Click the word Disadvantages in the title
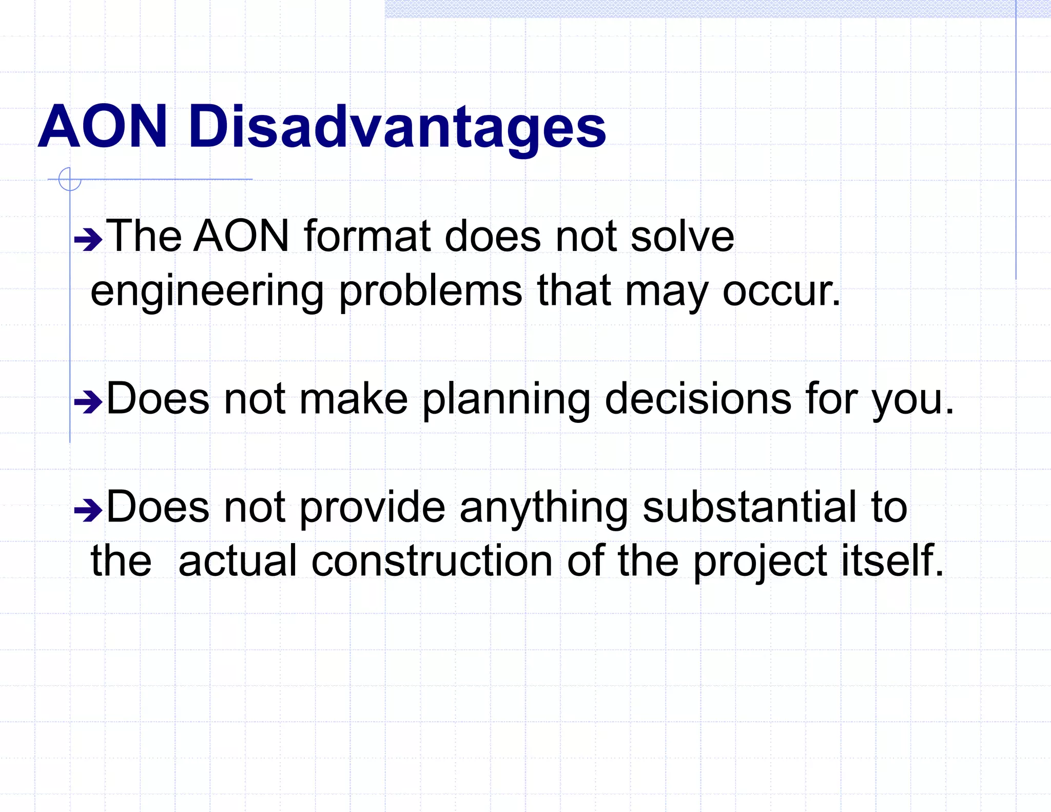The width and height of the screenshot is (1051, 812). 397,127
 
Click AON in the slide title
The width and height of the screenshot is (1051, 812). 103,127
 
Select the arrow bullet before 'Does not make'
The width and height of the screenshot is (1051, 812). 88,402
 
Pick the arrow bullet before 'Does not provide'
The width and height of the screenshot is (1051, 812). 88,510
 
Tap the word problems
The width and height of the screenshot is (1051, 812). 430,291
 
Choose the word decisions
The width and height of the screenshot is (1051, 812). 698,399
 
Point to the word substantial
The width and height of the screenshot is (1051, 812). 749,507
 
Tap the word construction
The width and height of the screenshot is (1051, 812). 432,561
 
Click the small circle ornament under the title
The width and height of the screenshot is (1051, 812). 70,179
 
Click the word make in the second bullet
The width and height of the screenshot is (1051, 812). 353,399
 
